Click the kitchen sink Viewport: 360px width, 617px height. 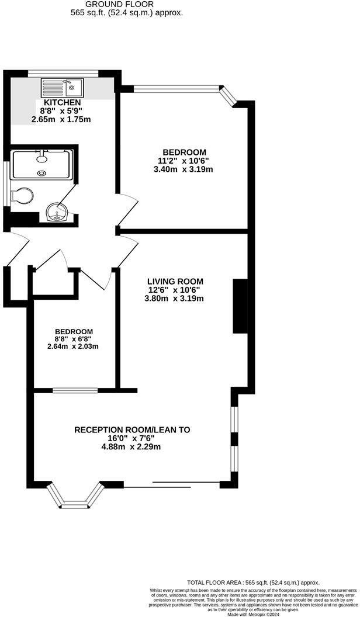62,88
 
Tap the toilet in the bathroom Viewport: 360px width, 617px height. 24,196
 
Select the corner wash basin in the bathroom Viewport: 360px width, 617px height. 57,212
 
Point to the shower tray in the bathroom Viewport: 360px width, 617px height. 41,163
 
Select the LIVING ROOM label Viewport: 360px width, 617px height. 175,281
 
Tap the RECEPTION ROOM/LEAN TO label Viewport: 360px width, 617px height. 132,429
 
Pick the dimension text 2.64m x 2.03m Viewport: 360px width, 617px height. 72,346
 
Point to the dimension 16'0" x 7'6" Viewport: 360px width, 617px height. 132,439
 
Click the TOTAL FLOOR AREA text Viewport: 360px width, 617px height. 253,583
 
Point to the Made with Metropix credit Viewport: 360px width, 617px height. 254,613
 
